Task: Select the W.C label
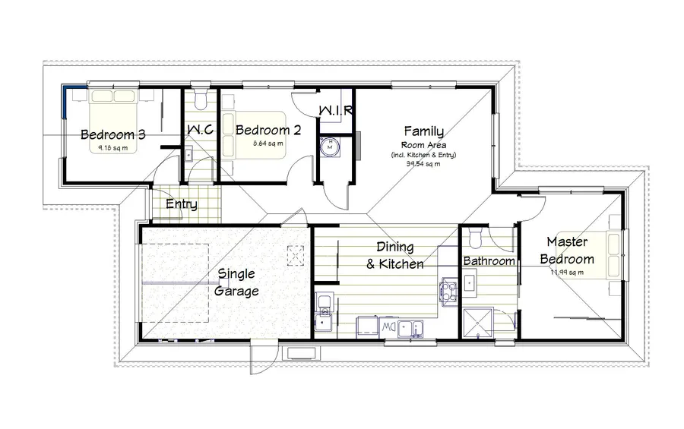coord(200,131)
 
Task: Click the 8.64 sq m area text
coord(268,144)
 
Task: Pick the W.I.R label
coord(335,111)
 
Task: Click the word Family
coord(423,131)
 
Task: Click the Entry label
coord(182,204)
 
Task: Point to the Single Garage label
coord(238,282)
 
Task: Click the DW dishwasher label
coord(387,327)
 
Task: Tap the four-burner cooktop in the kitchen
coord(447,289)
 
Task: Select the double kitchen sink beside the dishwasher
coord(413,327)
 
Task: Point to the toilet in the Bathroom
coord(477,240)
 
